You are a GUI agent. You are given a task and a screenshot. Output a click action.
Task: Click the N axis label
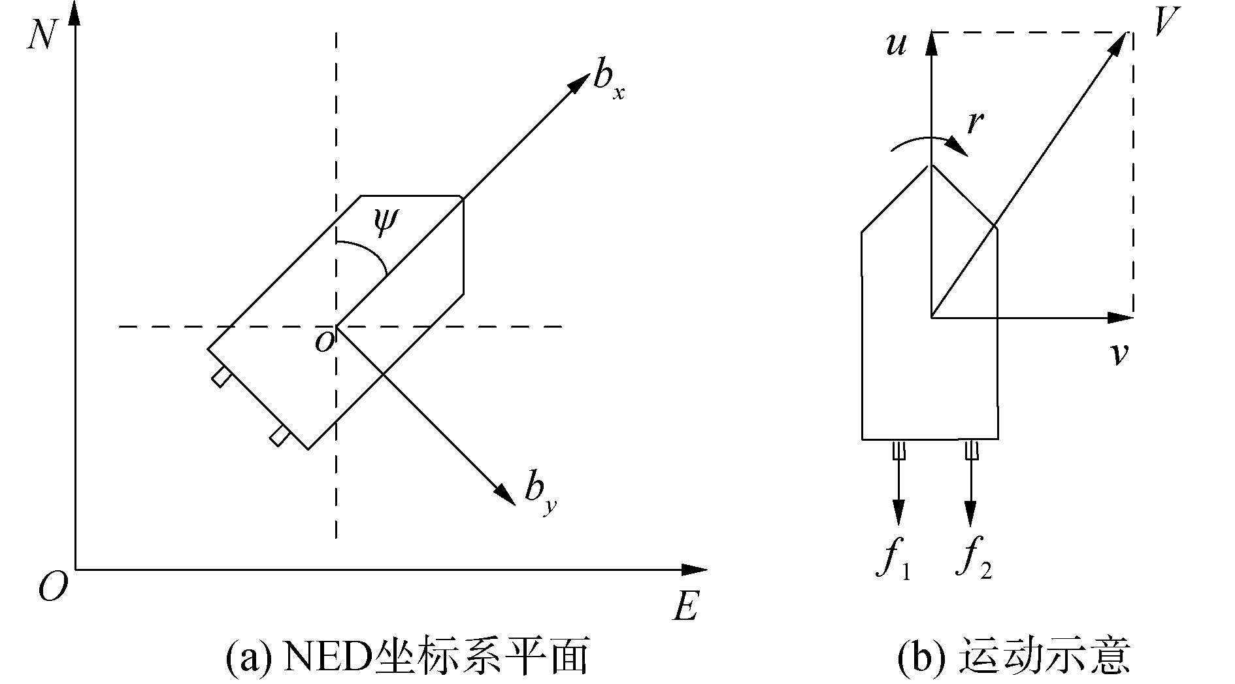41,34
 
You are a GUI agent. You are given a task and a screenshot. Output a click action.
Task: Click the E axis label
684,607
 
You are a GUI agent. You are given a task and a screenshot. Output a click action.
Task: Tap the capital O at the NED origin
53,587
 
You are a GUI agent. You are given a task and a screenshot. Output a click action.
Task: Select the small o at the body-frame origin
323,341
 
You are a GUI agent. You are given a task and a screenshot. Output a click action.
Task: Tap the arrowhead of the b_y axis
506,493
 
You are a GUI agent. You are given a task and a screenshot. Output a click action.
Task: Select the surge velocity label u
895,44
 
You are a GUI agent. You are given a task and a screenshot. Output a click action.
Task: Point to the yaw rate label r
976,122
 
